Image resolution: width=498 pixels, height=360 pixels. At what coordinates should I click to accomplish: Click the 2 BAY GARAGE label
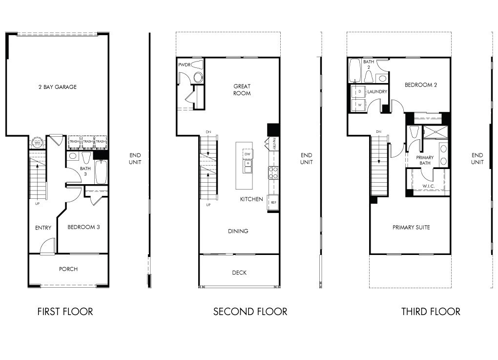tap(58, 87)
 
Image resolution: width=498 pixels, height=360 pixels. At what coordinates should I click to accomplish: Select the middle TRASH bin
tap(87, 142)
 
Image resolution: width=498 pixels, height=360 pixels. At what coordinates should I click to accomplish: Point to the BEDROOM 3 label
tap(83, 227)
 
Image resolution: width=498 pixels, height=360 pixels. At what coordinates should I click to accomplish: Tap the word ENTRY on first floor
tap(43, 228)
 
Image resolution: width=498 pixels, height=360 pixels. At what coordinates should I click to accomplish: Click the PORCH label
tap(68, 269)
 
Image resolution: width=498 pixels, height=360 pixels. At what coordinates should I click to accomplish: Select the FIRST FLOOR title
tap(65, 312)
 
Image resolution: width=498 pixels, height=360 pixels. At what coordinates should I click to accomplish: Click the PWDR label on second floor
tap(184, 64)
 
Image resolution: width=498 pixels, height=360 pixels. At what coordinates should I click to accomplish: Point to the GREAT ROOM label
tap(242, 90)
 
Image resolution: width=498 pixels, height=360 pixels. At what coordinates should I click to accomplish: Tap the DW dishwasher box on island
tap(248, 154)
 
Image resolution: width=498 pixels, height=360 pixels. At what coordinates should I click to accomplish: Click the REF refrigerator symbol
tap(273, 202)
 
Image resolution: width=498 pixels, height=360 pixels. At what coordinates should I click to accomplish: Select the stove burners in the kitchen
tap(273, 172)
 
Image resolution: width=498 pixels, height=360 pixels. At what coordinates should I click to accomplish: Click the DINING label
tap(238, 231)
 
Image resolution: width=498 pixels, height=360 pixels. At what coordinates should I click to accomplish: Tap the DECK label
tap(239, 273)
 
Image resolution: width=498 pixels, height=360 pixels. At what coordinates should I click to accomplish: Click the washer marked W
tap(359, 105)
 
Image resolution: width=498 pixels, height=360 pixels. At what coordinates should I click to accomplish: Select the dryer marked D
tap(359, 91)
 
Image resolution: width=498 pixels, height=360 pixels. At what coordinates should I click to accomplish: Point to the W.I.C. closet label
tap(428, 186)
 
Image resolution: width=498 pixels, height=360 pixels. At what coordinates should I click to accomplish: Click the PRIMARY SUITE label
tap(411, 227)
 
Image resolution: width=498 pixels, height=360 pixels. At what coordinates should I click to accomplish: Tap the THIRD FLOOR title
tap(431, 312)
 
